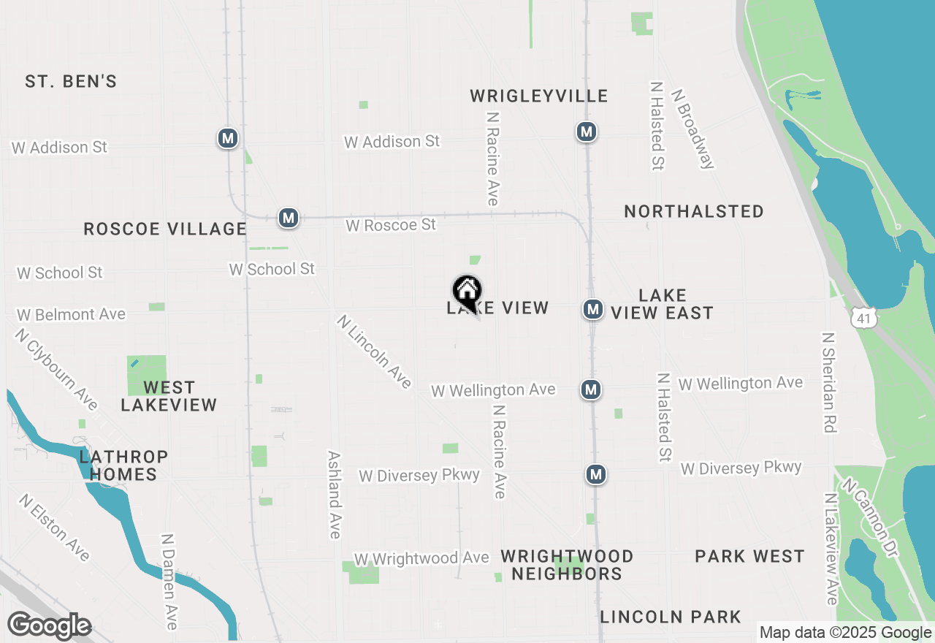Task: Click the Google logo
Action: pos(50,626)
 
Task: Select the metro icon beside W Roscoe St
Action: pos(289,218)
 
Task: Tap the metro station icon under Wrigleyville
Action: pos(585,132)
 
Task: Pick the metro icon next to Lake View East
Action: pos(592,309)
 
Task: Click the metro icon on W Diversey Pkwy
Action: pos(596,474)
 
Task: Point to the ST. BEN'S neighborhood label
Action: pos(71,81)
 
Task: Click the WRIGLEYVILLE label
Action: pos(539,96)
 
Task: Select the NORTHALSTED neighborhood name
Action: pos(694,211)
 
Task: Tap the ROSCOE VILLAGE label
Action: pos(165,229)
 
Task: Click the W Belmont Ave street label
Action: pos(72,315)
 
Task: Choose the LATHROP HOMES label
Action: pos(123,465)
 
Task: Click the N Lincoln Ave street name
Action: pos(375,351)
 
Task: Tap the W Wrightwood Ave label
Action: pos(421,558)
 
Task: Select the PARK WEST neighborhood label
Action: pos(749,556)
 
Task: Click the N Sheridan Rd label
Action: pos(828,383)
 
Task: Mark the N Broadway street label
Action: pos(692,129)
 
